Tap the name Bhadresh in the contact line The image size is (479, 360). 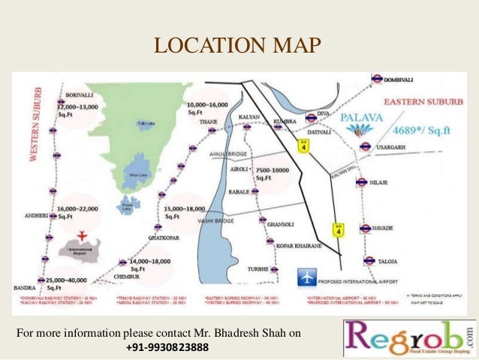228,332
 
